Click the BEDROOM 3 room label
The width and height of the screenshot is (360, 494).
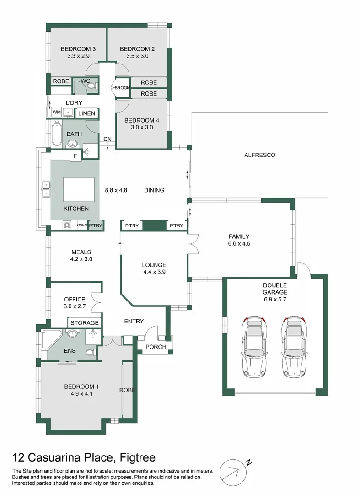pos(78,49)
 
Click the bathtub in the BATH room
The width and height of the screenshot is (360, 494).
pos(56,134)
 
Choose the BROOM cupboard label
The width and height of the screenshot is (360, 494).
pos(122,88)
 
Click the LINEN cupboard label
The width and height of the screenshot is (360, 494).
pos(87,113)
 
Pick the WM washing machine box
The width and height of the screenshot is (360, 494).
pos(57,112)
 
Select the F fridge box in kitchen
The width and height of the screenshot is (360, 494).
pos(75,156)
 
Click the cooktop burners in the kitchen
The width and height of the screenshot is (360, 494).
pos(67,225)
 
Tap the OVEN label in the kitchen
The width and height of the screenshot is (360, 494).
pos(82,225)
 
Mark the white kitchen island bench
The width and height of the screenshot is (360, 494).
pos(79,189)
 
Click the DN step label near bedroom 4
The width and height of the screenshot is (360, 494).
pos(108,140)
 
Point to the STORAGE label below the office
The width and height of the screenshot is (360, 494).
pos(85,323)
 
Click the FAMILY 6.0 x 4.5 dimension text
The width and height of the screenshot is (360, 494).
pos(239,244)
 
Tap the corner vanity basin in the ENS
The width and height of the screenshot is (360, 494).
pos(71,334)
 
